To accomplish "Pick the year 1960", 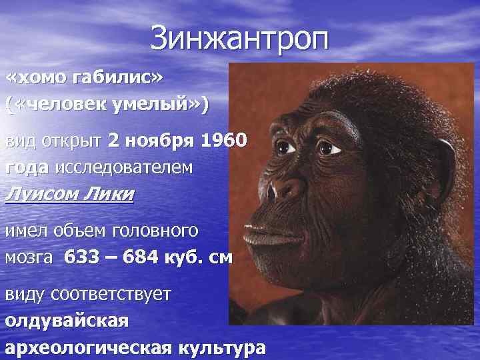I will click(224, 141).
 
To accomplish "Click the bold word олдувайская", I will click(66, 320).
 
